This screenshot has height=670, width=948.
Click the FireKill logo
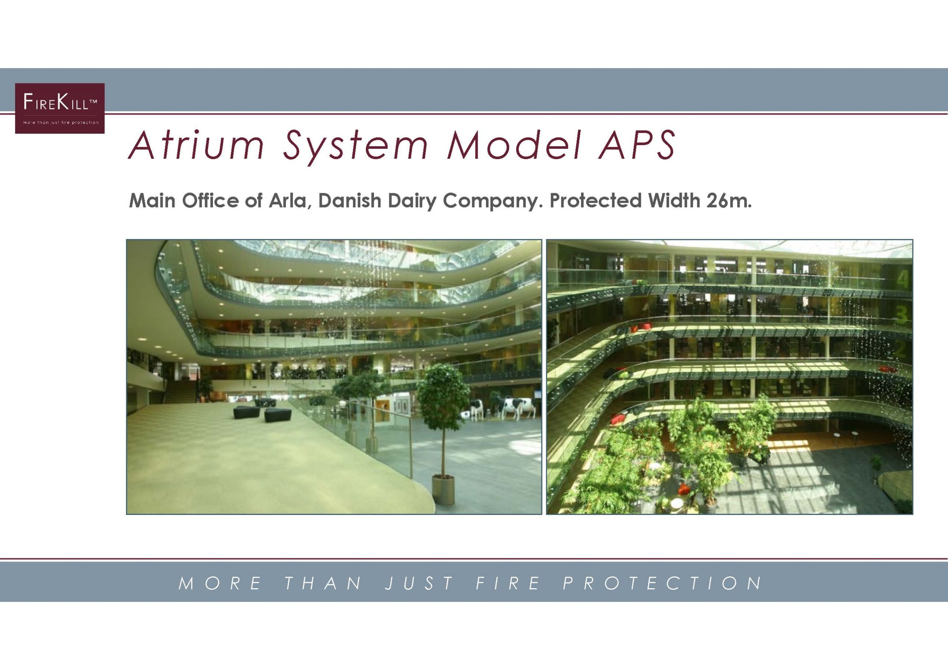tap(60, 108)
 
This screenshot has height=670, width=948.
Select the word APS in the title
tap(636, 145)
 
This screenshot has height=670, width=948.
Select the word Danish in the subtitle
tap(350, 201)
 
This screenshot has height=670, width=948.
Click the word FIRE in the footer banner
tap(508, 583)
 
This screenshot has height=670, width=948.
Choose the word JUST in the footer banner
tap(420, 583)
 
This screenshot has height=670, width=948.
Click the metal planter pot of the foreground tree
tap(443, 490)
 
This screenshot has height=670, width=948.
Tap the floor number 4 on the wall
tap(902, 280)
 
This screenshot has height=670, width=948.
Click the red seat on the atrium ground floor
tap(684, 490)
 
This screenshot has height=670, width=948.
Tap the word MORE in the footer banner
tap(220, 583)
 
